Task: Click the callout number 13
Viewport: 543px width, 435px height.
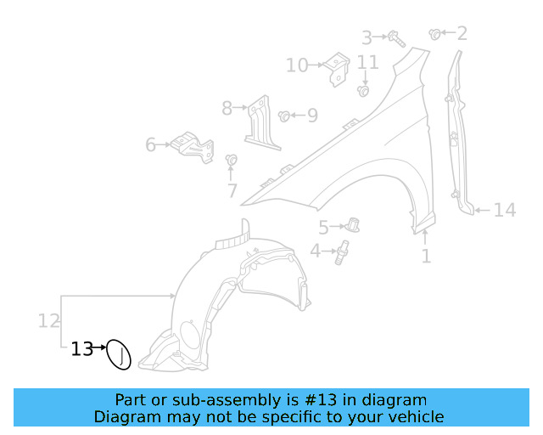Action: [x=81, y=348]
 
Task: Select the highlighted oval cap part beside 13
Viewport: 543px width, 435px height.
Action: [x=120, y=356]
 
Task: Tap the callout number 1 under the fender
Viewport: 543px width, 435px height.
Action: [x=426, y=254]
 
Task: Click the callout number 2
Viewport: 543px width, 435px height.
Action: [x=462, y=34]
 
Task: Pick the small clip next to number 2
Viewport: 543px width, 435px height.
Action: [x=435, y=34]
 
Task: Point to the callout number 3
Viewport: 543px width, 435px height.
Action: [x=367, y=37]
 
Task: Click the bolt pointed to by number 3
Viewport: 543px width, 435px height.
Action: [x=396, y=37]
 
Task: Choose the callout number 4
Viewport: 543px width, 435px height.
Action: [x=315, y=251]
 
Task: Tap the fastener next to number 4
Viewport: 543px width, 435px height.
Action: [x=343, y=251]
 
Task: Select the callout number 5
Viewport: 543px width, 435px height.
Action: [x=322, y=227]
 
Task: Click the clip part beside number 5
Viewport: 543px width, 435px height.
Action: [x=353, y=225]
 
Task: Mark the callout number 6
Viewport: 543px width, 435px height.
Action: [x=151, y=145]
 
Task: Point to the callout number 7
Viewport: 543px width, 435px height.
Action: [x=232, y=191]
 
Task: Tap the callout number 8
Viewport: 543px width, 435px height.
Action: [x=227, y=108]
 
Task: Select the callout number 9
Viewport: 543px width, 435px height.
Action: [x=312, y=115]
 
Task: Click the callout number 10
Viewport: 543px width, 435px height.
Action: [x=297, y=65]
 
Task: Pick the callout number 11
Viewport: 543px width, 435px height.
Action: [x=367, y=62]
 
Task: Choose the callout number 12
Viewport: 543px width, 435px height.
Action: [x=48, y=320]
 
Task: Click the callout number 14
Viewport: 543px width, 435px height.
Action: [x=505, y=209]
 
